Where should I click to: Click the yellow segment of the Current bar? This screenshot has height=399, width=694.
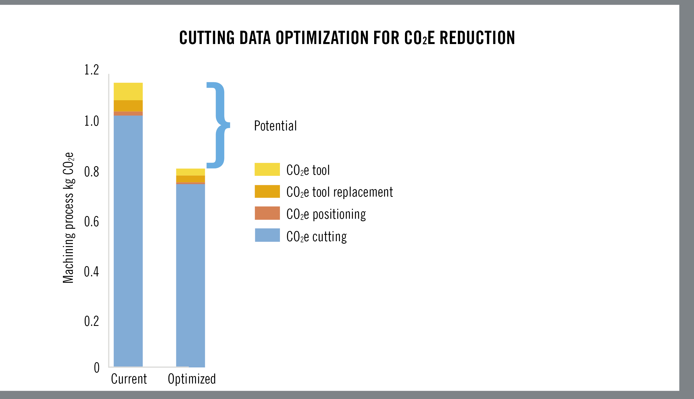pos(128,91)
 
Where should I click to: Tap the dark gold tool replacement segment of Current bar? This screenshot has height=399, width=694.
pos(128,105)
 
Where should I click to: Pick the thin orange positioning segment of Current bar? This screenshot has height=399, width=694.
pos(128,114)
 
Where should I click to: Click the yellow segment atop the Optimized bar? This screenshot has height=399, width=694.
pos(190,172)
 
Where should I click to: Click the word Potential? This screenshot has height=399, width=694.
pos(275,126)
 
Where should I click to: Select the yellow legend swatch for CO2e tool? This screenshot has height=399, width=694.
pos(267,169)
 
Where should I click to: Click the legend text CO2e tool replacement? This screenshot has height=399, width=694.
pos(340,192)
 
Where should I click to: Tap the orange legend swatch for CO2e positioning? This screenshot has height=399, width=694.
pos(267,213)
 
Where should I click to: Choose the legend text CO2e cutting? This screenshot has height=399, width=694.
pos(316,237)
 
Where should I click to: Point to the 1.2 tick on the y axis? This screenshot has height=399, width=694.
pos(91,70)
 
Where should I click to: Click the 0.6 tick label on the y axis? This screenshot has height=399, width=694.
pos(91,222)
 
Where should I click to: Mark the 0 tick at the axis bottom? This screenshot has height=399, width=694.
pos(96,368)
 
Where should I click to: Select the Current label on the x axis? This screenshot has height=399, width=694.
pos(129,379)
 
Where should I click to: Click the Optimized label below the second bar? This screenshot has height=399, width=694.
pos(192,379)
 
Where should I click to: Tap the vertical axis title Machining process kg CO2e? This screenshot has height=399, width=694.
pos(68,218)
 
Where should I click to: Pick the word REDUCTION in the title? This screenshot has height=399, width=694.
pos(477,38)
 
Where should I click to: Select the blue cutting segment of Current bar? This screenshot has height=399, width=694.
pos(128,241)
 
